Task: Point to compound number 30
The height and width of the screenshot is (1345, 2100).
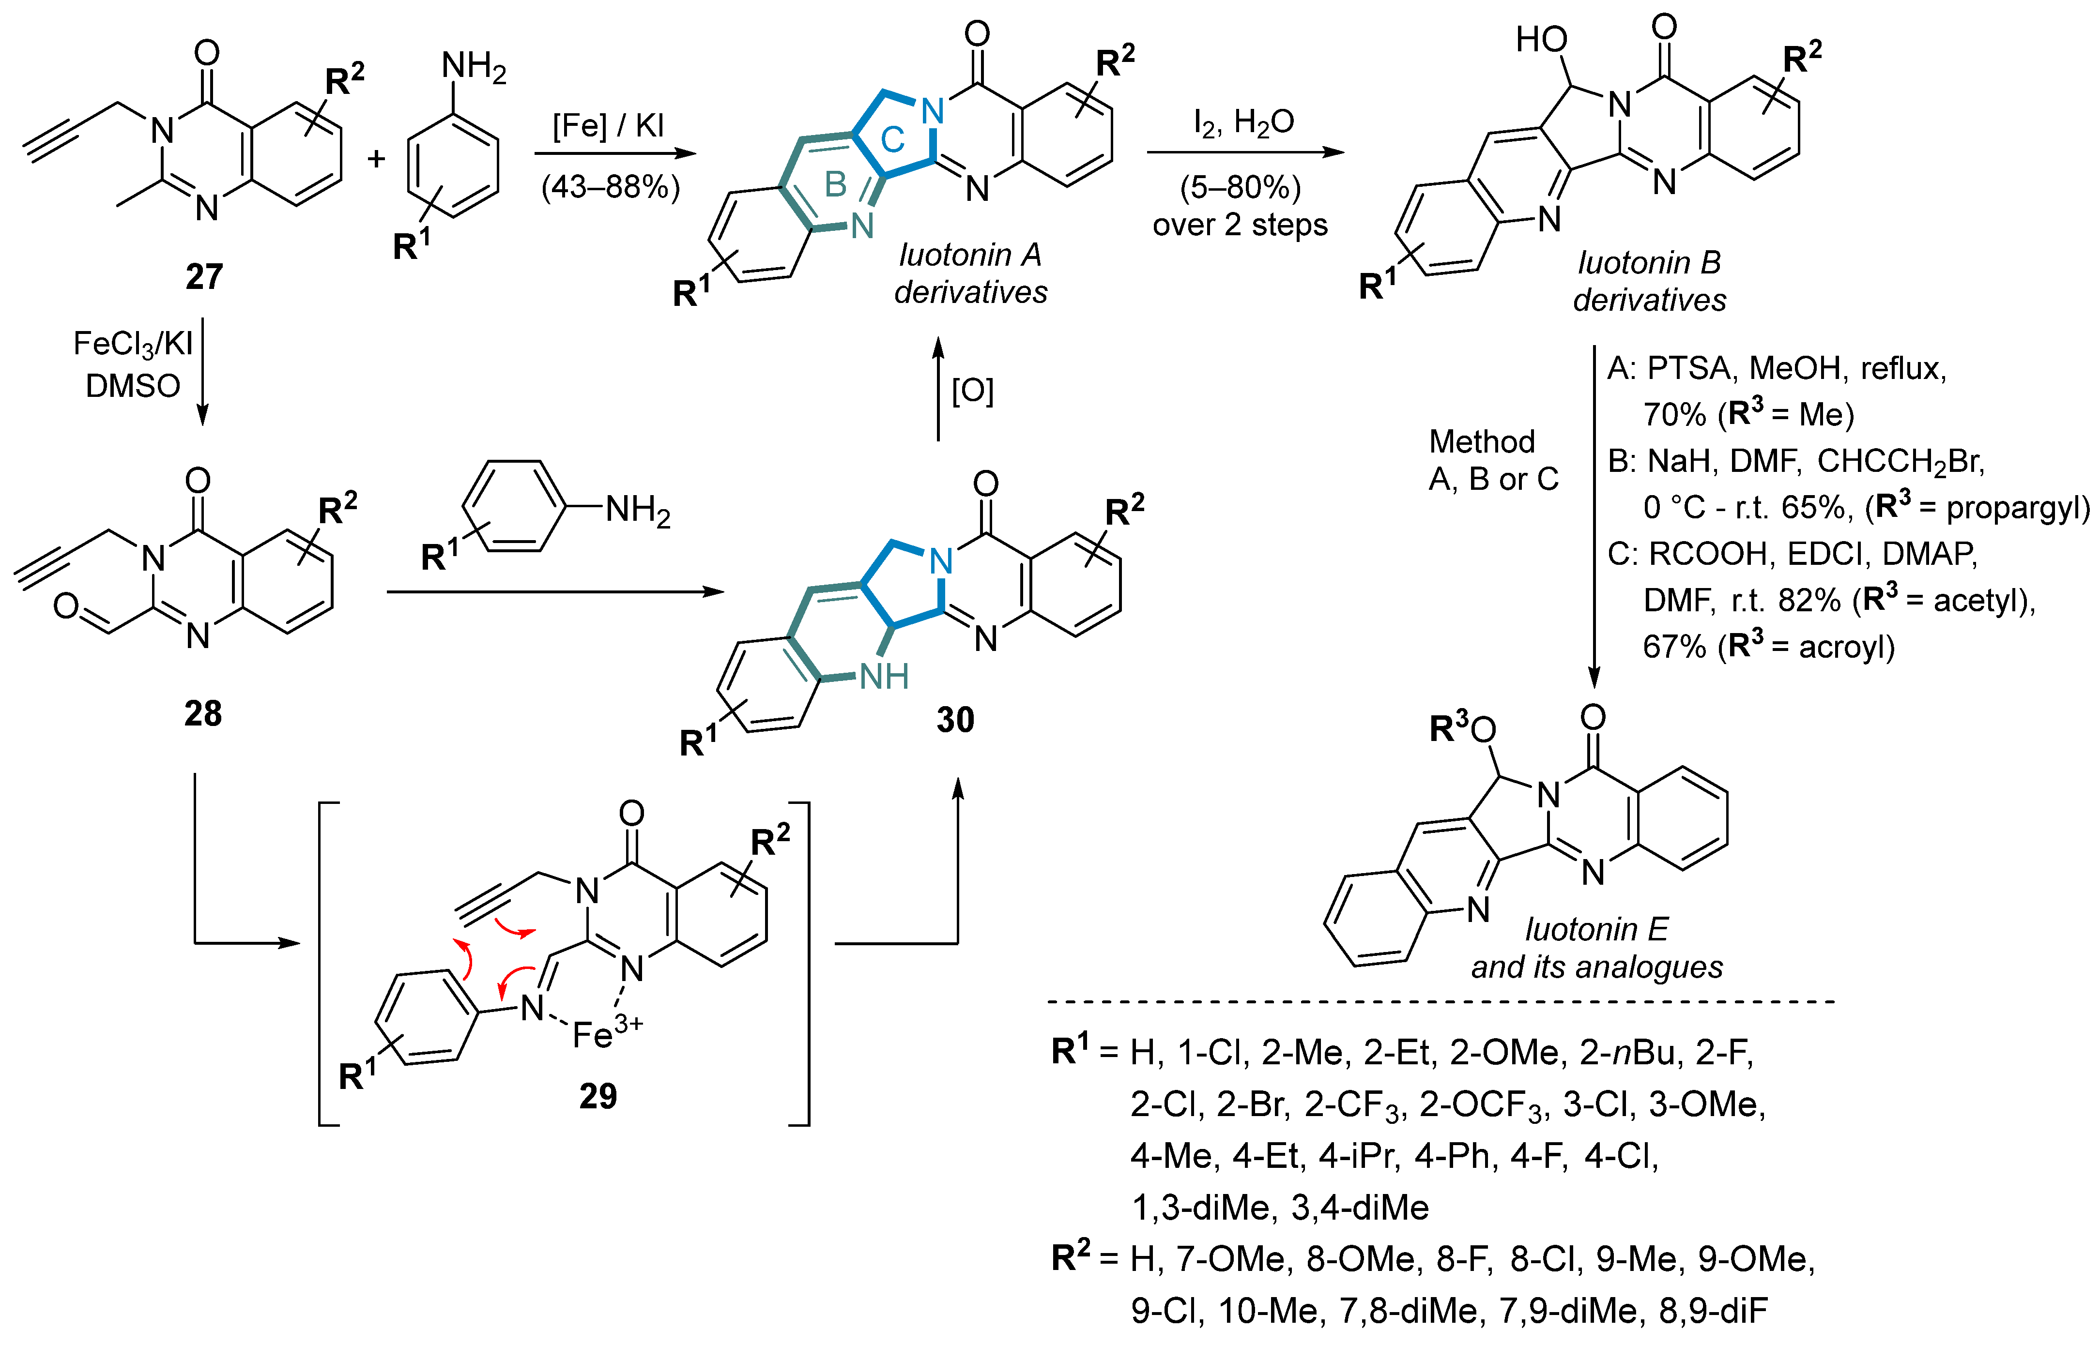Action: tap(955, 720)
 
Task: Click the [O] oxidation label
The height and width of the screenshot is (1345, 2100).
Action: tap(972, 391)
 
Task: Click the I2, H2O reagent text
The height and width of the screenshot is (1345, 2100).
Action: tap(1244, 123)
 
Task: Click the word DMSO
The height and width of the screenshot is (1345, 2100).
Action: tap(133, 385)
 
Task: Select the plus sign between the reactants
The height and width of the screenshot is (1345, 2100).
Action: tap(377, 159)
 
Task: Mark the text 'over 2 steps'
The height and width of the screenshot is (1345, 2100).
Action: tap(1240, 226)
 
